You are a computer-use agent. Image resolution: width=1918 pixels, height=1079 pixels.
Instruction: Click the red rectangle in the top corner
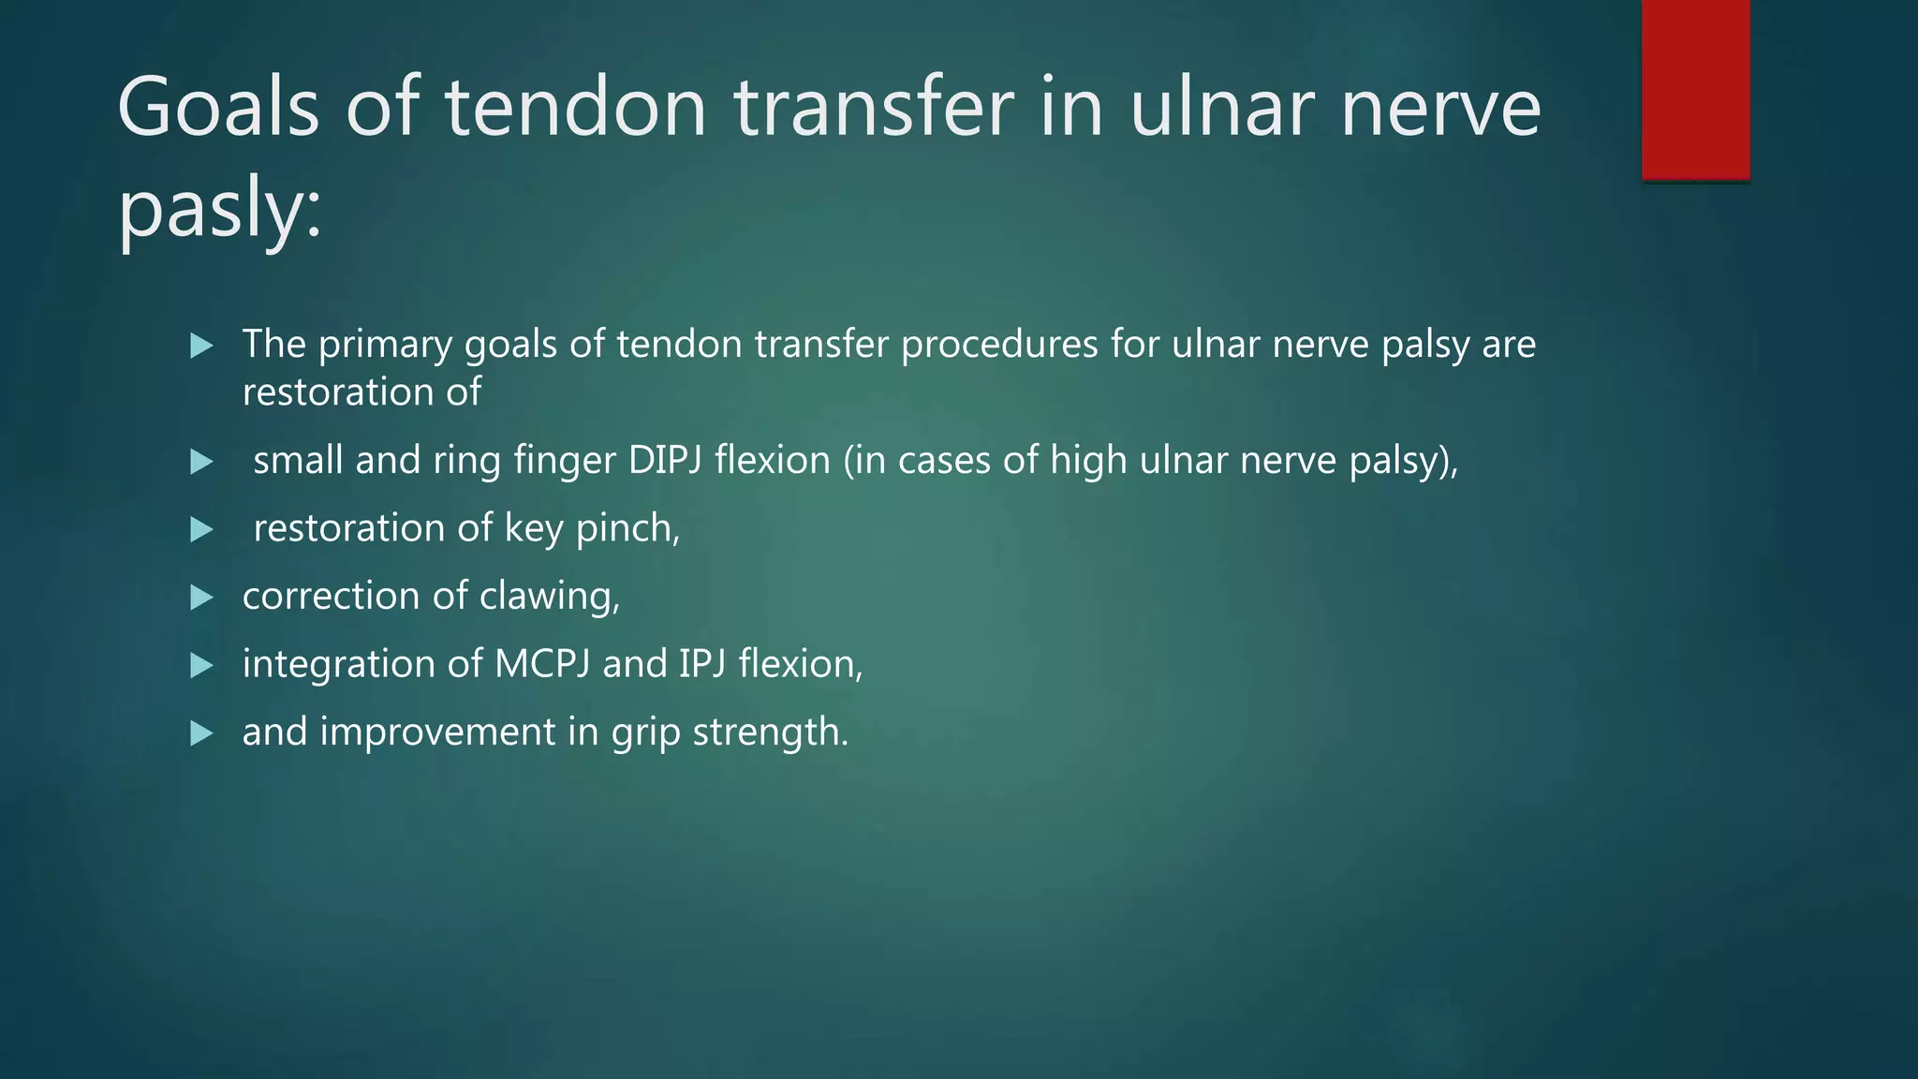click(x=1695, y=89)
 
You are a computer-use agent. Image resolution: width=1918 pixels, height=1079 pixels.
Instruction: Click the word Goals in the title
click(x=218, y=108)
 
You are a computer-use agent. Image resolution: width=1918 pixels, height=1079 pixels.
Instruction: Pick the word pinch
click(x=627, y=529)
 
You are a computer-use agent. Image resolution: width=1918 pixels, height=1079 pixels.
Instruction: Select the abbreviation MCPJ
click(x=542, y=664)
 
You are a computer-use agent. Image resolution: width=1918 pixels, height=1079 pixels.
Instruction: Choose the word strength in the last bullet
click(x=770, y=732)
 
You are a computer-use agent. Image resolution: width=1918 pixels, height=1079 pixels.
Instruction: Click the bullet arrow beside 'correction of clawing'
click(x=201, y=598)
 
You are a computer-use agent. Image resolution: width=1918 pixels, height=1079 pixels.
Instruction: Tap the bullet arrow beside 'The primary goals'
click(x=201, y=346)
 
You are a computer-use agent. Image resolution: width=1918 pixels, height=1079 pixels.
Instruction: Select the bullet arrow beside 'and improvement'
click(x=201, y=732)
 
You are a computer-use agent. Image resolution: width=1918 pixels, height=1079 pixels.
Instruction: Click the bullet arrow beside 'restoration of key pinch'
click(x=201, y=530)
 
